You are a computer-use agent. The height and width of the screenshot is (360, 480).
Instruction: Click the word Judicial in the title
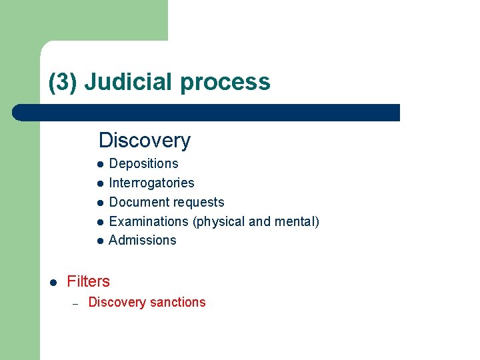[x=129, y=82]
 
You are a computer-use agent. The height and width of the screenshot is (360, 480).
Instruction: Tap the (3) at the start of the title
[x=64, y=83]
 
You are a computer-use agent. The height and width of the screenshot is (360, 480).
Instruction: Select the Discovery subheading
[x=145, y=141]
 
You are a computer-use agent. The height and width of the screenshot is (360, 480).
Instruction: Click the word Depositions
[x=143, y=164]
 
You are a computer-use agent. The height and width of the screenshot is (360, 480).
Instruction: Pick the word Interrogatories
[x=151, y=183]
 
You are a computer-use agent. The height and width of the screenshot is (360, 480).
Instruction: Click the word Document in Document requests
[x=137, y=202]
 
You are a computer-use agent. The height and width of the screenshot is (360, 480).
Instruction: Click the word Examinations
[x=149, y=221]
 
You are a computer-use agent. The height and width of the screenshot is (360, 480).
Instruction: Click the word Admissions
[x=142, y=241]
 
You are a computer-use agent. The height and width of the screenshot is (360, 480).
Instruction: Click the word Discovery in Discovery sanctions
[x=117, y=303]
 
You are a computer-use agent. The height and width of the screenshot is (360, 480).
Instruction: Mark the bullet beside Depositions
[x=99, y=164]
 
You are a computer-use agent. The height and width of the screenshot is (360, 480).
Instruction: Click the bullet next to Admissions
[x=99, y=241]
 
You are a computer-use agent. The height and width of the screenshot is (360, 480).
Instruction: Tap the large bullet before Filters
[x=53, y=282]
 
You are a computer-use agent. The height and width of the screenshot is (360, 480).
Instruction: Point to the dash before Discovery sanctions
[x=76, y=303]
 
